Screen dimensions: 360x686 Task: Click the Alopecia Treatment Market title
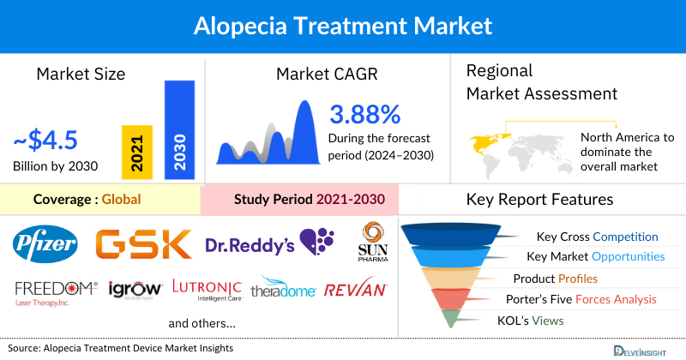coord(343,25)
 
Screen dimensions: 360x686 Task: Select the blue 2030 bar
coord(179,129)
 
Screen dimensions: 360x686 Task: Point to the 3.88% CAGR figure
coord(365,114)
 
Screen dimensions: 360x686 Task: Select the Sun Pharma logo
coord(371,242)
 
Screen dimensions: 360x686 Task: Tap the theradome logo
coord(282,289)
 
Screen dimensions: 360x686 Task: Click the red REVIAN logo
coord(354,290)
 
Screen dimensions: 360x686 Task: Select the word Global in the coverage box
coord(121,200)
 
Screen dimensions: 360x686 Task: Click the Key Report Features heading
coord(539,200)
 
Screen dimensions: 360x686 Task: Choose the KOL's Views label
coord(550,320)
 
